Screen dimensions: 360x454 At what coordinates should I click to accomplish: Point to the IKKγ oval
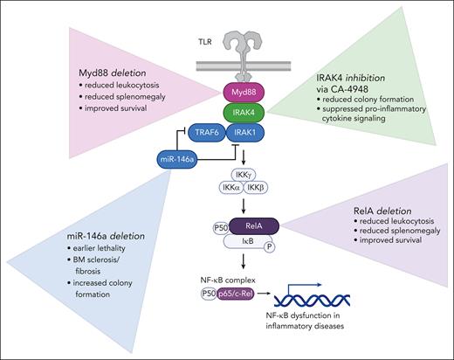pyautogui.click(x=237, y=175)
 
